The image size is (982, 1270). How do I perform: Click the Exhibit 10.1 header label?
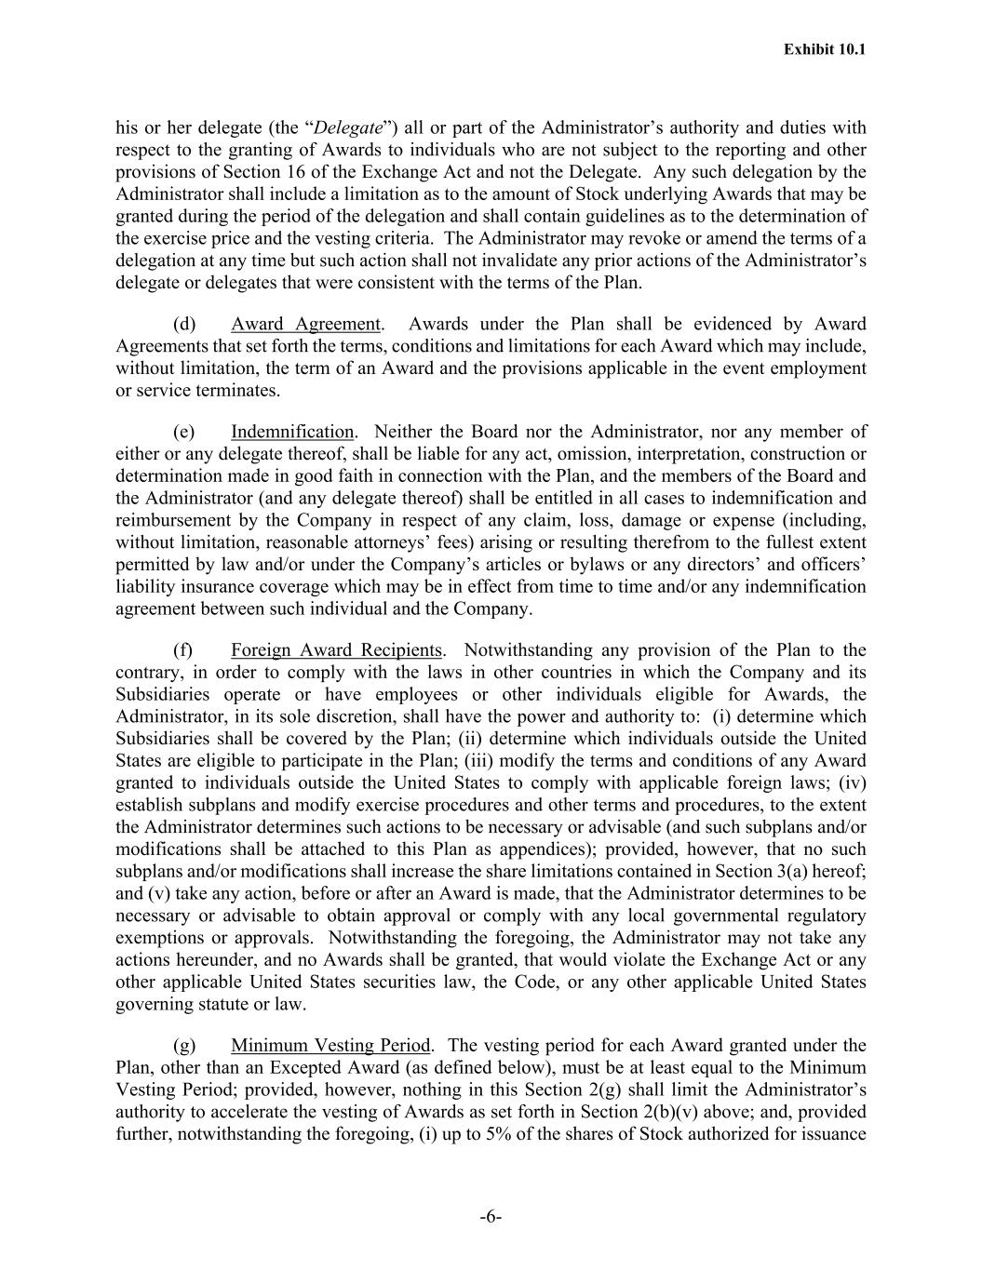tap(825, 49)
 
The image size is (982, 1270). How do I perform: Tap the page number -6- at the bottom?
tap(491, 1217)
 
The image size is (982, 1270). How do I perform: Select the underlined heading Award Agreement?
tap(305, 325)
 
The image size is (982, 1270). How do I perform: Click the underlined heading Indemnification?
tap(292, 433)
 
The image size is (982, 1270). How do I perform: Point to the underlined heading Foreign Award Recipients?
tap(337, 650)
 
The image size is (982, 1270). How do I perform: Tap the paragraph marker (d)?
tap(184, 325)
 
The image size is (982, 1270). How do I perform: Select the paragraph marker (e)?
tap(184, 433)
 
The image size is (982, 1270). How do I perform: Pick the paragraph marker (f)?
tap(183, 650)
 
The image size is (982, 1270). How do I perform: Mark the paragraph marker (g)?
tap(184, 1046)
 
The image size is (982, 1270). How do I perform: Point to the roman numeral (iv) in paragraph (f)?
tap(851, 783)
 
